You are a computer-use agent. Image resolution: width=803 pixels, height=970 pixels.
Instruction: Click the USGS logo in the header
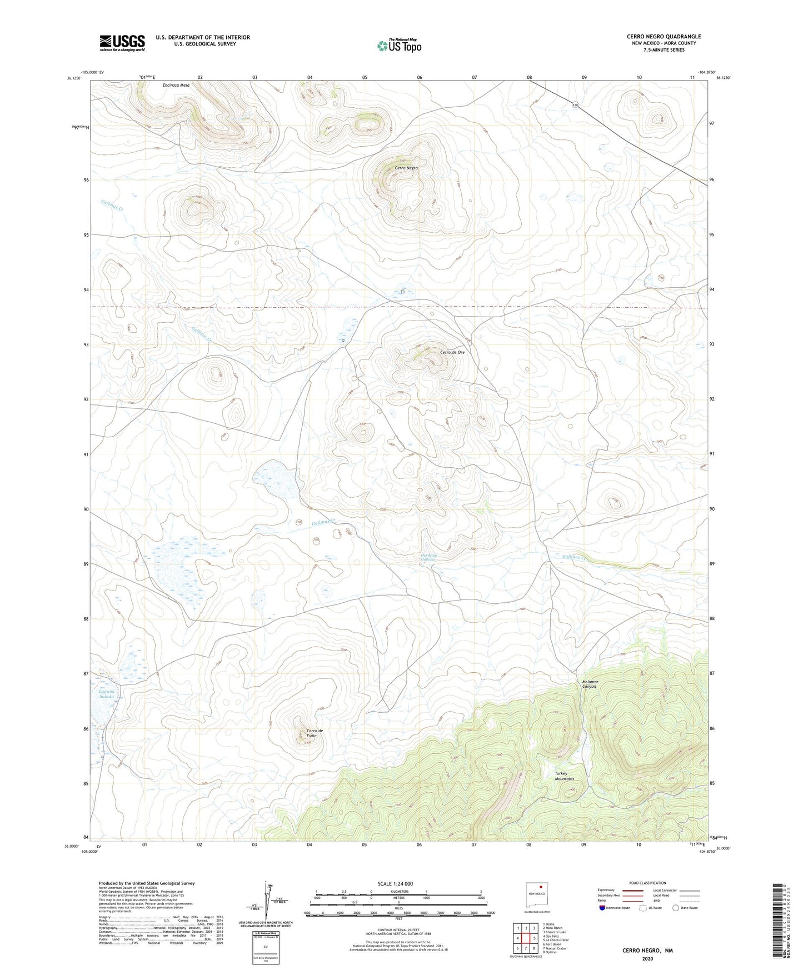point(122,43)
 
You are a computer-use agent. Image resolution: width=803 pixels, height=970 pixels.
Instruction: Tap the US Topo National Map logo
point(399,46)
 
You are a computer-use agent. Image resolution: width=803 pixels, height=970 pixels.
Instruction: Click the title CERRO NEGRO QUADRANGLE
point(664,37)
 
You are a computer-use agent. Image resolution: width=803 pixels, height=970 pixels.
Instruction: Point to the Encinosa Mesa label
point(176,85)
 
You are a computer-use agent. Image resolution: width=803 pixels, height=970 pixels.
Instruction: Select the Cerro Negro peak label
point(406,168)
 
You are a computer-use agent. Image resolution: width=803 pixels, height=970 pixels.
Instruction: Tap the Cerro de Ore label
point(452,352)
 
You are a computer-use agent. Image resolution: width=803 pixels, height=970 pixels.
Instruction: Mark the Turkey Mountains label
point(564,776)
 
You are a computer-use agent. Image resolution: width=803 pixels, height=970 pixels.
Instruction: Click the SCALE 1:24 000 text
point(395,884)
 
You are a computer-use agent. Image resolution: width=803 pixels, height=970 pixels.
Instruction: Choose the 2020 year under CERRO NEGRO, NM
point(647,958)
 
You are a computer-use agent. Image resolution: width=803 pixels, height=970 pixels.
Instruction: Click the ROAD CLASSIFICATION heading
point(647,883)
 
